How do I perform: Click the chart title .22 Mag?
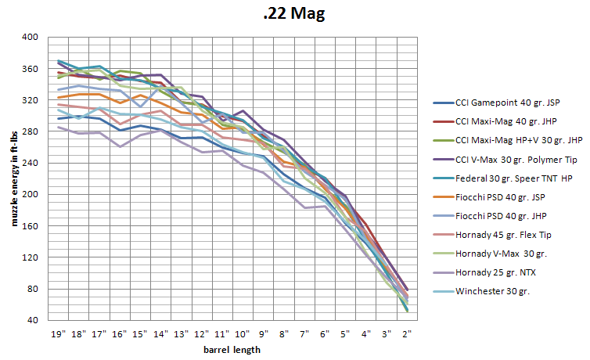point(294,13)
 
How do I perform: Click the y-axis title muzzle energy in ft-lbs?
point(14,179)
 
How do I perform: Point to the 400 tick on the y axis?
point(31,37)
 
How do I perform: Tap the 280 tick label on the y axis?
point(31,131)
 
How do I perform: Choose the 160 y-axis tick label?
point(31,225)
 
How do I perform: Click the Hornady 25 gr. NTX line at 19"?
point(59,127)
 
